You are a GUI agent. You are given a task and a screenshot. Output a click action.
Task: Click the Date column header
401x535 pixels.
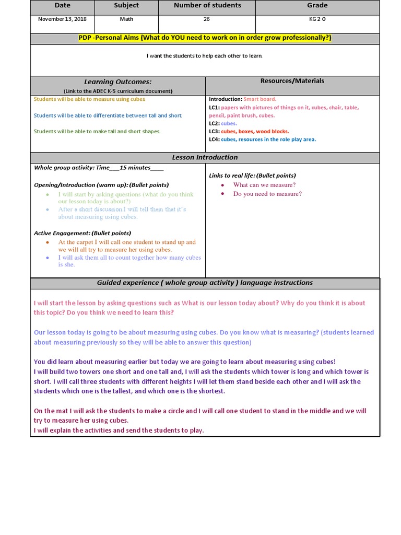62,5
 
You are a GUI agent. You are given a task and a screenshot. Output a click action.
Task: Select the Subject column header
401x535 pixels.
126,5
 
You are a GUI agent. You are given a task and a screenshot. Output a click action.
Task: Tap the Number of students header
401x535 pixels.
207,5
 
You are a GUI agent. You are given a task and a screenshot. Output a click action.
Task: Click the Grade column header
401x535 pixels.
317,5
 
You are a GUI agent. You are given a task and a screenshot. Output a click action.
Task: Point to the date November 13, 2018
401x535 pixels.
62,19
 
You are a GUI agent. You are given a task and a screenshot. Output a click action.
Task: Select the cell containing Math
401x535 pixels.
126,19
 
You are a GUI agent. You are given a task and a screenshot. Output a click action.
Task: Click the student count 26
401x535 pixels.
207,19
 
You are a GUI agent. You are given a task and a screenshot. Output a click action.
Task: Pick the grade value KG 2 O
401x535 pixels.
317,19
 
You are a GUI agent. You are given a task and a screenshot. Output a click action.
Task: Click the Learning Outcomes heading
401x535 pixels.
118,82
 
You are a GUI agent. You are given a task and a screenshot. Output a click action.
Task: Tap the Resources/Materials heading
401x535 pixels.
292,81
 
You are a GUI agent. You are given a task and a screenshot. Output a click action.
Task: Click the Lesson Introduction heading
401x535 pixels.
205,157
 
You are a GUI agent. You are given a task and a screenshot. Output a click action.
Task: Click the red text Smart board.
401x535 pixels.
260,99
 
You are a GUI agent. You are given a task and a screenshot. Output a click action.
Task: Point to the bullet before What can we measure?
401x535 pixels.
222,185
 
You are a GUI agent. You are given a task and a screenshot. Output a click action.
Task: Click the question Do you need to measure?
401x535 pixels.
267,194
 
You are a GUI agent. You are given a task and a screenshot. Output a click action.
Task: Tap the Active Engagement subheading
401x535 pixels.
82,233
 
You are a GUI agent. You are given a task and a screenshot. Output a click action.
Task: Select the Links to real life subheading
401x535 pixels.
252,176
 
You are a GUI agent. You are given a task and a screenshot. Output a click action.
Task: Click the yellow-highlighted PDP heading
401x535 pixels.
205,38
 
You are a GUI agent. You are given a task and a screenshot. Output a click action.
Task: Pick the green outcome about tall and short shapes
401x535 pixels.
97,132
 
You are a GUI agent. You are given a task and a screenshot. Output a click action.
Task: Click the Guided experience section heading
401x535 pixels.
205,283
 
